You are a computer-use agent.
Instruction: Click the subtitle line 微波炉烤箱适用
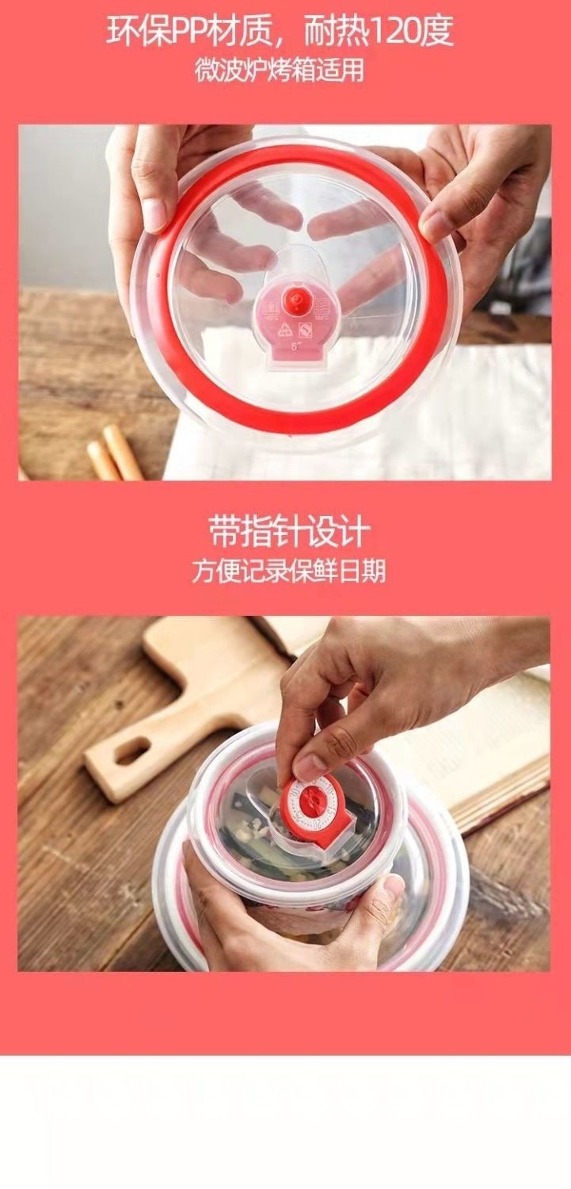click(280, 71)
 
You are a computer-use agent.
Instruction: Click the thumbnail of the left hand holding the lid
click(152, 215)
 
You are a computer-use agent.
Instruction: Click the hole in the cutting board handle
click(132, 749)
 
